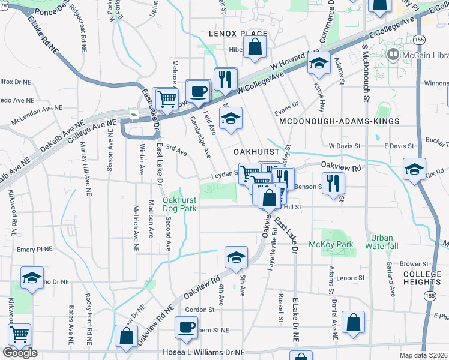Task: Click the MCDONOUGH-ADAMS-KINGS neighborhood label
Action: (x=339, y=121)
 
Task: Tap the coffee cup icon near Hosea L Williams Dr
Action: (x=186, y=327)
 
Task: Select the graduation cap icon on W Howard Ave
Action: (x=319, y=62)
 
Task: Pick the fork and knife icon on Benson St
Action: (x=333, y=182)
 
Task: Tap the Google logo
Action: (x=20, y=352)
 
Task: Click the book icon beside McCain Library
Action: (x=393, y=55)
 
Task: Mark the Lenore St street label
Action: (x=351, y=278)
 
